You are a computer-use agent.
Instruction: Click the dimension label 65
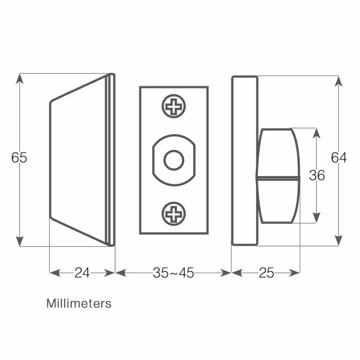point(19,158)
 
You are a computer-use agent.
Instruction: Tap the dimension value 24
point(82,273)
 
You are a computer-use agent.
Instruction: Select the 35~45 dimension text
point(174,273)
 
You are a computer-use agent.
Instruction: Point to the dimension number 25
point(266,273)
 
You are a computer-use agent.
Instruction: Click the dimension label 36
point(317,175)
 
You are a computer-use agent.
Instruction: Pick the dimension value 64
point(339,158)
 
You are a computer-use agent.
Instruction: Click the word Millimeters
point(79,303)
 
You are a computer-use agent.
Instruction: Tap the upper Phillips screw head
point(174,106)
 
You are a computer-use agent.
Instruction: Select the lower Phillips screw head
point(174,214)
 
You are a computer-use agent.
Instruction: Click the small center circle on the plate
point(174,160)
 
